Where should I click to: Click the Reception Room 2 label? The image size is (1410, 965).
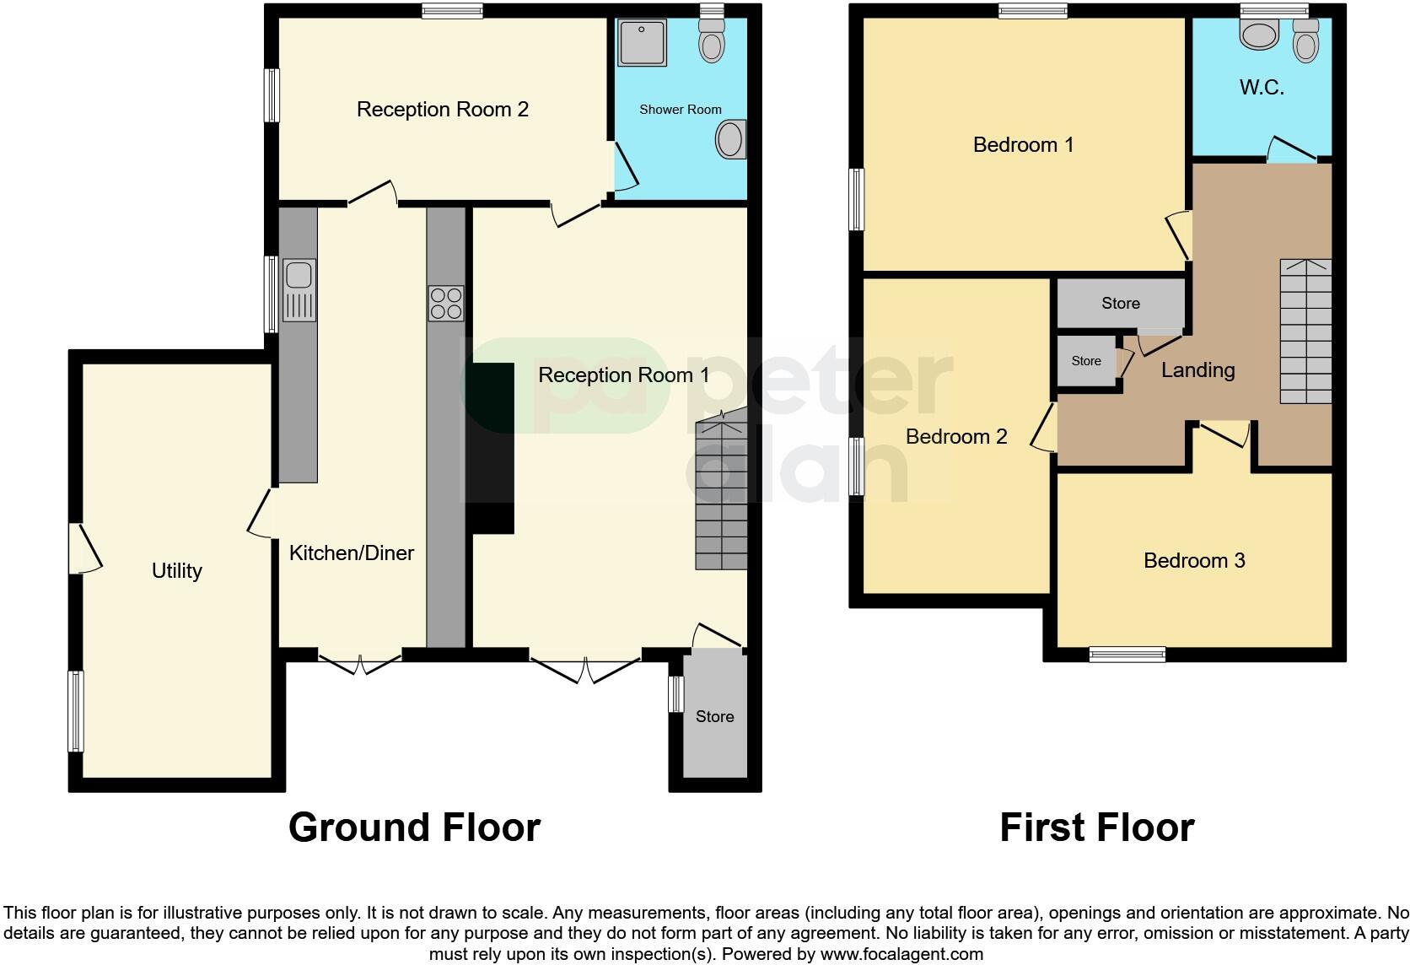[x=442, y=110]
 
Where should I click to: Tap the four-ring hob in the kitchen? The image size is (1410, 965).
[x=446, y=304]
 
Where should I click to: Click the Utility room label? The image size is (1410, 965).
[x=176, y=571]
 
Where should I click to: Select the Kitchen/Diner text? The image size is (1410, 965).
[x=352, y=553]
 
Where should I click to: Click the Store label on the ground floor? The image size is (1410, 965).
[x=714, y=717]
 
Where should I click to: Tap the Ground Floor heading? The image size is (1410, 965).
[x=414, y=828]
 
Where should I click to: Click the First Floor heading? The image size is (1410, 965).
[x=1096, y=828]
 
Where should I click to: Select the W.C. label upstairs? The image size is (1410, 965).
[x=1262, y=88]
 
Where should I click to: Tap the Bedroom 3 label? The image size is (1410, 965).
[x=1193, y=561]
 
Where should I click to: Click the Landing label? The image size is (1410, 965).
[x=1197, y=370]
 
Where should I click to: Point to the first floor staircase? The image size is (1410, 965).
[x=1305, y=332]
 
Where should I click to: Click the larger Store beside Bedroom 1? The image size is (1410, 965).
[x=1120, y=304]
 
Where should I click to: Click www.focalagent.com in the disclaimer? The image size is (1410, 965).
[x=901, y=955]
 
